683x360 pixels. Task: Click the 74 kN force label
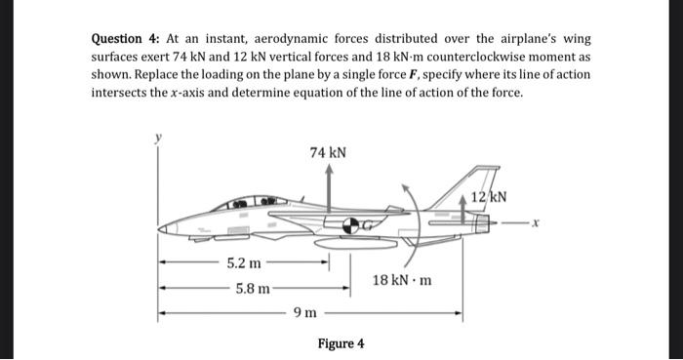coord(328,152)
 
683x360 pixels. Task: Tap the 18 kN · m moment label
coord(403,281)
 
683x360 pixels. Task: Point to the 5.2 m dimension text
coord(244,263)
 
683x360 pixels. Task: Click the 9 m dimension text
coord(305,313)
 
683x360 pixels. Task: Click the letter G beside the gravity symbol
coord(363,225)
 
